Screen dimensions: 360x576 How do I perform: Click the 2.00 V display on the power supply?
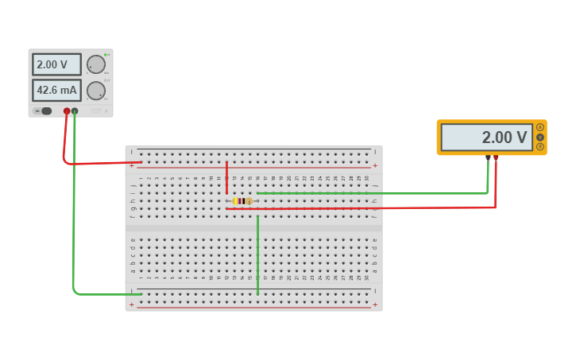pyautogui.click(x=56, y=64)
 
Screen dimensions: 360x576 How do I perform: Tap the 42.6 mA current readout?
pyautogui.click(x=56, y=90)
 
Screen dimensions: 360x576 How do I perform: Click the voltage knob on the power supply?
pyautogui.click(x=95, y=64)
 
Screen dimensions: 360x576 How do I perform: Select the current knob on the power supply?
pyautogui.click(x=95, y=91)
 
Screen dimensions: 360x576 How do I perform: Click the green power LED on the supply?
pyautogui.click(x=105, y=55)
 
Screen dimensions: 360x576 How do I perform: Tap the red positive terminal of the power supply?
pyautogui.click(x=67, y=111)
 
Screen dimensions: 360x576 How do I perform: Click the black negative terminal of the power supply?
pyautogui.click(x=75, y=111)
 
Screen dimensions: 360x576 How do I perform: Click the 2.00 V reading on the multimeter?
pyautogui.click(x=486, y=137)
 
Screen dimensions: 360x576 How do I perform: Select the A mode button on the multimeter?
pyautogui.click(x=540, y=127)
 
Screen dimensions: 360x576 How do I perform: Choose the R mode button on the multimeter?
pyautogui.click(x=540, y=147)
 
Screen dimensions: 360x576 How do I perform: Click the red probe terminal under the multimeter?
pyautogui.click(x=496, y=157)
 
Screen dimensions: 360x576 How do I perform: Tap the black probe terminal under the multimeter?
pyautogui.click(x=488, y=157)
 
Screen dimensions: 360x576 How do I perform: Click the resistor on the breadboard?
pyautogui.click(x=242, y=201)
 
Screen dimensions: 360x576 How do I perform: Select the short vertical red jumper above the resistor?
pyautogui.click(x=226, y=177)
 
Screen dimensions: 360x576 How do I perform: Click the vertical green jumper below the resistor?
pyautogui.click(x=257, y=254)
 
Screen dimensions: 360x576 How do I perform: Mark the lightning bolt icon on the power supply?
pyautogui.click(x=106, y=110)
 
